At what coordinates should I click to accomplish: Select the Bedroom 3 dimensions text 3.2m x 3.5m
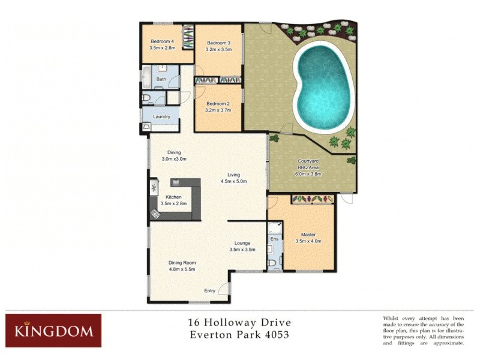pyautogui.click(x=218, y=50)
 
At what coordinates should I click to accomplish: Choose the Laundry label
pyautogui.click(x=162, y=116)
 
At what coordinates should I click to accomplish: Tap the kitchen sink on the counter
pyautogui.click(x=154, y=188)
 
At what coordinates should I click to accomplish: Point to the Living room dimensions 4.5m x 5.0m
pyautogui.click(x=234, y=181)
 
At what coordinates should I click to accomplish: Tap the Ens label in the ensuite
pyautogui.click(x=274, y=239)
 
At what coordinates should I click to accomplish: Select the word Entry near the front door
pyautogui.click(x=209, y=291)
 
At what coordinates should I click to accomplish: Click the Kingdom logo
pyautogui.click(x=53, y=331)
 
